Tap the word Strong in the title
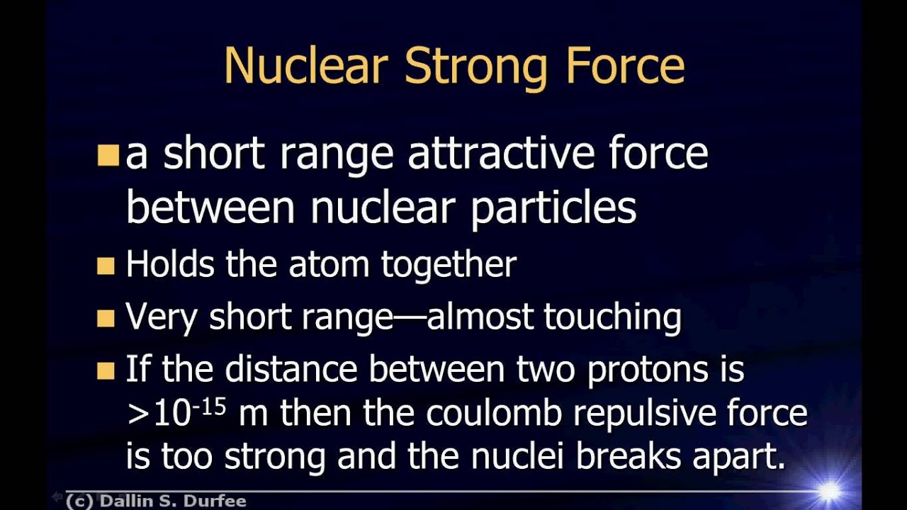click(x=476, y=67)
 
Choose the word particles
click(x=553, y=208)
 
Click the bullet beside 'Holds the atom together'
click(x=106, y=266)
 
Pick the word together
click(x=449, y=266)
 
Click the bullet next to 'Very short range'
click(x=106, y=318)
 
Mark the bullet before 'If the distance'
click(x=106, y=370)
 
